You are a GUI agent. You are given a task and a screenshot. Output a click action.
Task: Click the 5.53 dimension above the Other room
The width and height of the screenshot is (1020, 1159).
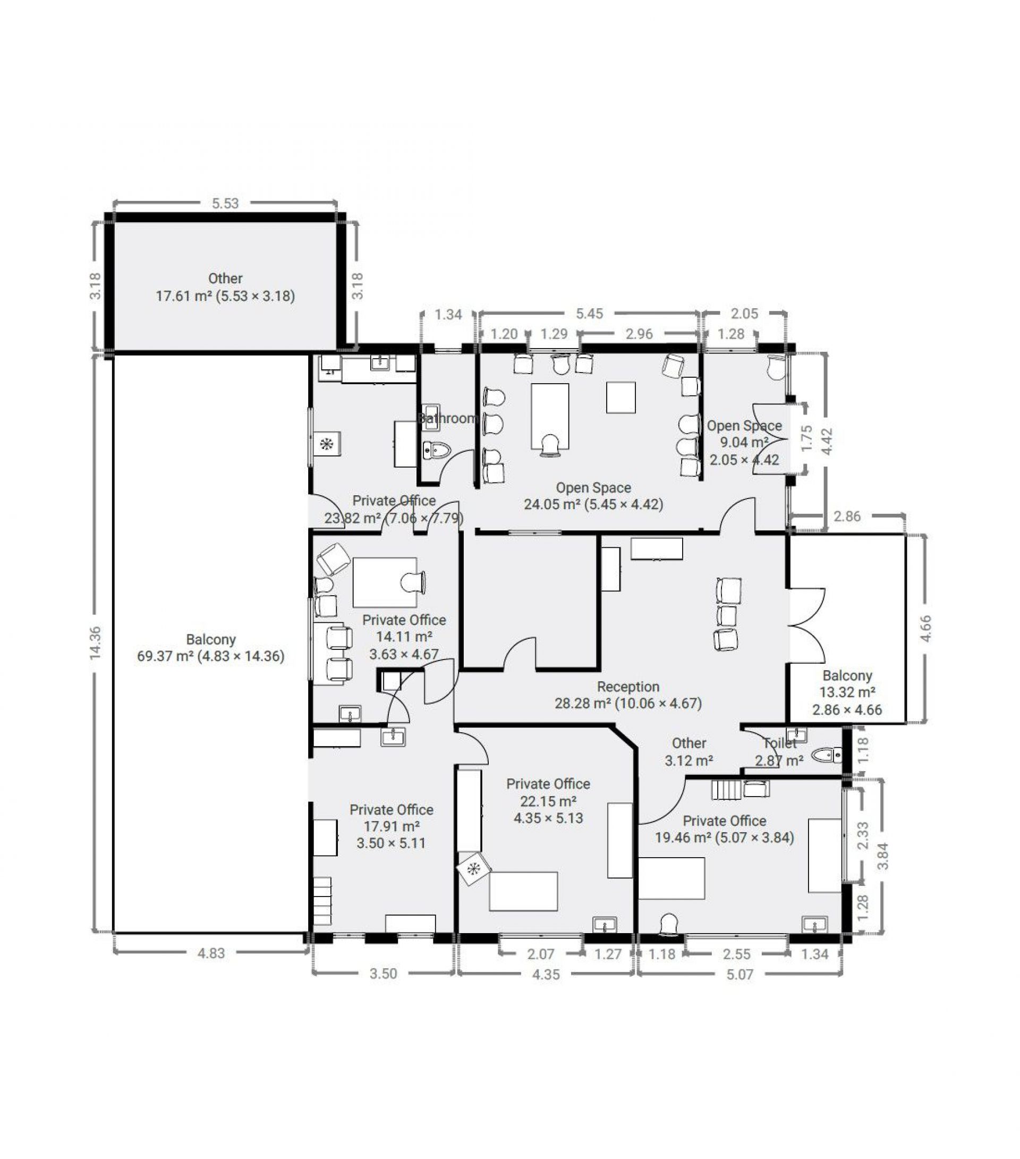(225, 203)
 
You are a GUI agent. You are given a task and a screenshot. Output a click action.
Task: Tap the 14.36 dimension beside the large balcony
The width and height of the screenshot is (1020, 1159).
(95, 642)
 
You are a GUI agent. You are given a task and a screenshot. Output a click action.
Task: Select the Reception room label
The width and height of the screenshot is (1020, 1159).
(628, 687)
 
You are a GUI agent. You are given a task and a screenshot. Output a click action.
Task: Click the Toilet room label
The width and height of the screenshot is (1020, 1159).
(780, 743)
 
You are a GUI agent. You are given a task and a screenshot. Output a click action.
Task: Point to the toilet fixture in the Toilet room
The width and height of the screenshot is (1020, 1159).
(827, 755)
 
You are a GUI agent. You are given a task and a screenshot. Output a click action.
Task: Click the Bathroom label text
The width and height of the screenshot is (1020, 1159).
(448, 418)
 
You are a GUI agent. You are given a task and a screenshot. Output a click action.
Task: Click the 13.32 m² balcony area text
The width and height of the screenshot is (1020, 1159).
(847, 692)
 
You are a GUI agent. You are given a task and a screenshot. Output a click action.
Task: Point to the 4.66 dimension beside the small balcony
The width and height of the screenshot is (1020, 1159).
(925, 628)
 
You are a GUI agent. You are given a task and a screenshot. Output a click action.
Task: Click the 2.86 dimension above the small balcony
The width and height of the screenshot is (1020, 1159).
(847, 516)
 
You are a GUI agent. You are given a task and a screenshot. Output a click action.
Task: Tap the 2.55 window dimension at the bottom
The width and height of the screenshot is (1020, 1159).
(736, 954)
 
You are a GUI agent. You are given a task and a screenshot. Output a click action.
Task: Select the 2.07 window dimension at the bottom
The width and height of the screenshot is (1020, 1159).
(540, 954)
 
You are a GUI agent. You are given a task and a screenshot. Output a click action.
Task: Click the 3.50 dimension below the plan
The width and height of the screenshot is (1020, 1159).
(383, 974)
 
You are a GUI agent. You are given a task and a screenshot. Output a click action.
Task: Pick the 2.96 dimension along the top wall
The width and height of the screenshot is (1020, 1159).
(639, 334)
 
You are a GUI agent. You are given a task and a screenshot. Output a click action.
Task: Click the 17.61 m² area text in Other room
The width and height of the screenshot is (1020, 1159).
(184, 296)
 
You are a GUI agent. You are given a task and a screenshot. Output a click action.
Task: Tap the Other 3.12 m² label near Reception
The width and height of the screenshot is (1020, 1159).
(689, 751)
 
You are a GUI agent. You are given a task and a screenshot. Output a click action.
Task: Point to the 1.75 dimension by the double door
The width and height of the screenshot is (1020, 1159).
(807, 438)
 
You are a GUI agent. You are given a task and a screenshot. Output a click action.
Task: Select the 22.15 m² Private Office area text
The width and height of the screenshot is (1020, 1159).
(548, 801)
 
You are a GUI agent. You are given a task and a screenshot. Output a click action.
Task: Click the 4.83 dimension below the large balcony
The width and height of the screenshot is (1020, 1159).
(211, 953)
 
